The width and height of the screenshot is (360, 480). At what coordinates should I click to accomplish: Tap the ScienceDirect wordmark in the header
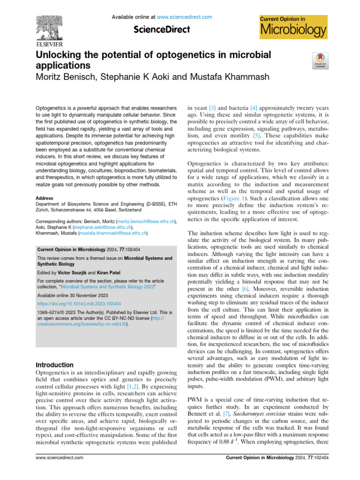[162, 30]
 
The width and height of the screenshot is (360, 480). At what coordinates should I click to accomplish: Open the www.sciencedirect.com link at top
[184, 17]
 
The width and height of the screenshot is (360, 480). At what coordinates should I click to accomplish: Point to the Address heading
[45, 198]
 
